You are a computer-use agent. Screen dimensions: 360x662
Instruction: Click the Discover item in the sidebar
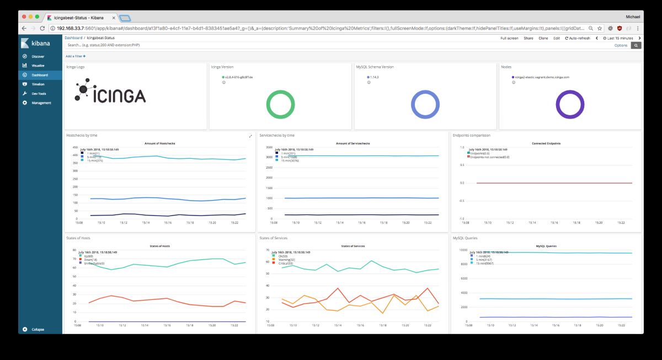(x=38, y=56)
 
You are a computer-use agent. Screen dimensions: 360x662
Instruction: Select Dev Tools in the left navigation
(x=38, y=94)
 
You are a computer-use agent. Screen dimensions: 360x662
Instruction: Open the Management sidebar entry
(x=41, y=103)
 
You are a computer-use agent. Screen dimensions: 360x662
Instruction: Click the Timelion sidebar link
(x=38, y=84)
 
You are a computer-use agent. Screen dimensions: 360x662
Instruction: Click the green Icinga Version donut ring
(x=280, y=105)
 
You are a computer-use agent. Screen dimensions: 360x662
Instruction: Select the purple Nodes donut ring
(x=569, y=105)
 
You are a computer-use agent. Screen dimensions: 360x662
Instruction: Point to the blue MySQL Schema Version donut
(x=425, y=105)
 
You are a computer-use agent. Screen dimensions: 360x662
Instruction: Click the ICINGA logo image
(x=111, y=93)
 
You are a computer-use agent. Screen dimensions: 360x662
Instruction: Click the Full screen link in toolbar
(x=509, y=38)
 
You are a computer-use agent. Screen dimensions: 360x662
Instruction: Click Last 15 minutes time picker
(x=618, y=38)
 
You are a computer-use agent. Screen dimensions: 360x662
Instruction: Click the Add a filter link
(x=75, y=56)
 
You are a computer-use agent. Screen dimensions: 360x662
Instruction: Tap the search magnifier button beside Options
(x=636, y=45)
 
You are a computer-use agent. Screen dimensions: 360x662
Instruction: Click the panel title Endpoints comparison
(x=471, y=135)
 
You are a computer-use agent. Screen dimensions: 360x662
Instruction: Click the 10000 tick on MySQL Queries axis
(x=460, y=250)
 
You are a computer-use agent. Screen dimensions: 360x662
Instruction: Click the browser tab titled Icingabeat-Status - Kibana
(x=80, y=17)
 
